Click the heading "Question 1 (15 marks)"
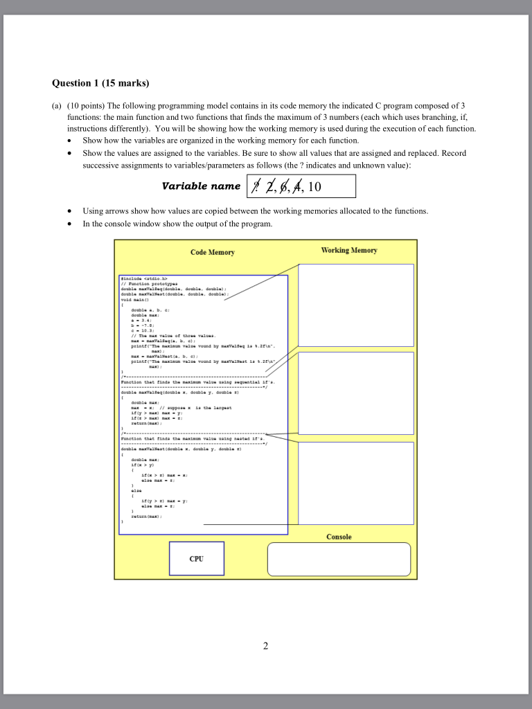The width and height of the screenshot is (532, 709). click(100, 84)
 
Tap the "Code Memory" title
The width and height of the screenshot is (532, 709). click(212, 252)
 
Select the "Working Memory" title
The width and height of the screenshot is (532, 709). click(349, 250)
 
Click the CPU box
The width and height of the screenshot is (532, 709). click(196, 559)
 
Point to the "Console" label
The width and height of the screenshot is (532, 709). click(339, 537)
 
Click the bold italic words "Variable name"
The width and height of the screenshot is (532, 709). click(201, 186)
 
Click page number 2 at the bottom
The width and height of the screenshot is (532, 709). click(265, 647)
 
